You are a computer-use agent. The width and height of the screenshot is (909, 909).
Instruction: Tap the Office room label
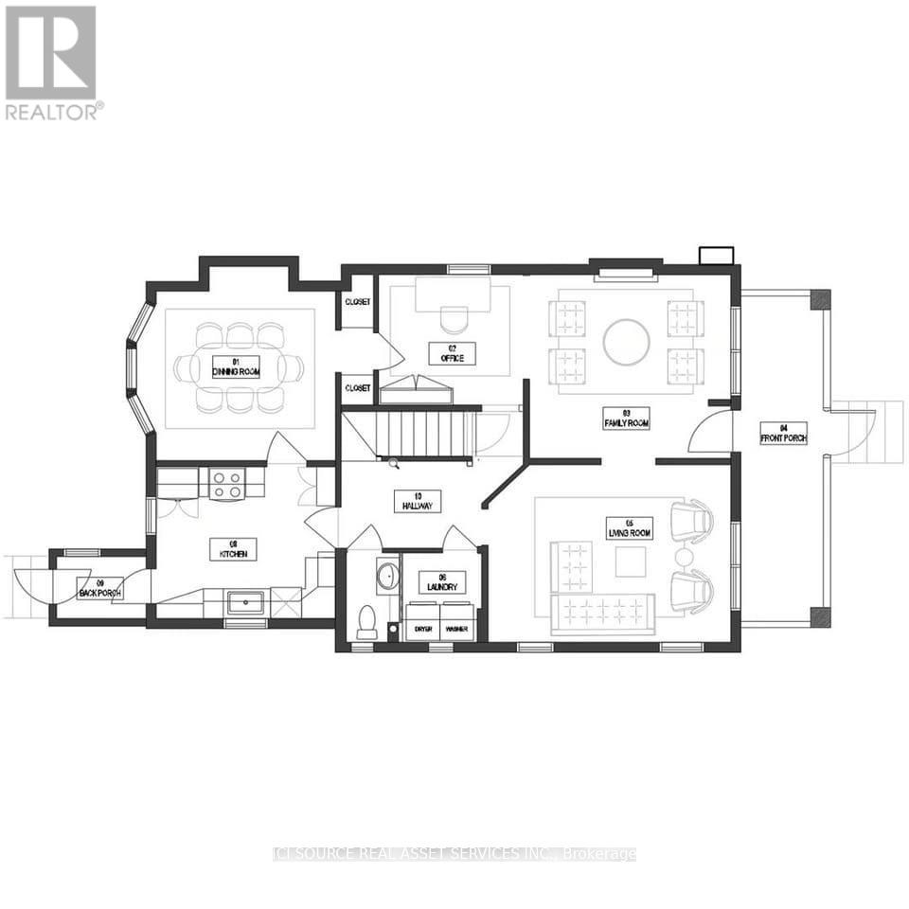tap(452, 354)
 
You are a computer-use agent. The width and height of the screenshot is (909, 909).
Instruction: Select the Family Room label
tap(626, 418)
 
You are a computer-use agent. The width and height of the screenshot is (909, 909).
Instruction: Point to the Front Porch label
tap(782, 433)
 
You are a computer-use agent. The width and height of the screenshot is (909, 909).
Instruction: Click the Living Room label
tap(630, 528)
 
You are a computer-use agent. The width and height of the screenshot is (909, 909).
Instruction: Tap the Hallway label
tap(418, 501)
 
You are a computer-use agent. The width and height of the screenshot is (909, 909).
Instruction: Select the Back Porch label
tap(100, 588)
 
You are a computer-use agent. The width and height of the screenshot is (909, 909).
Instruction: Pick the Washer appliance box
tap(457, 629)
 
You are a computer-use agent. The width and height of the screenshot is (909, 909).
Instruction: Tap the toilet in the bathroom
tap(366, 620)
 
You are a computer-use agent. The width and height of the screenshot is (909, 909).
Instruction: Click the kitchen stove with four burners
tap(227, 485)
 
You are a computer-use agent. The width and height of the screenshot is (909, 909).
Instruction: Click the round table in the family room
tap(626, 343)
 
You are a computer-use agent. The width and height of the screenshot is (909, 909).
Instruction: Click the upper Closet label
tap(358, 302)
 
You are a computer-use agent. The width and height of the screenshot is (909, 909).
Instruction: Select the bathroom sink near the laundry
tap(387, 575)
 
